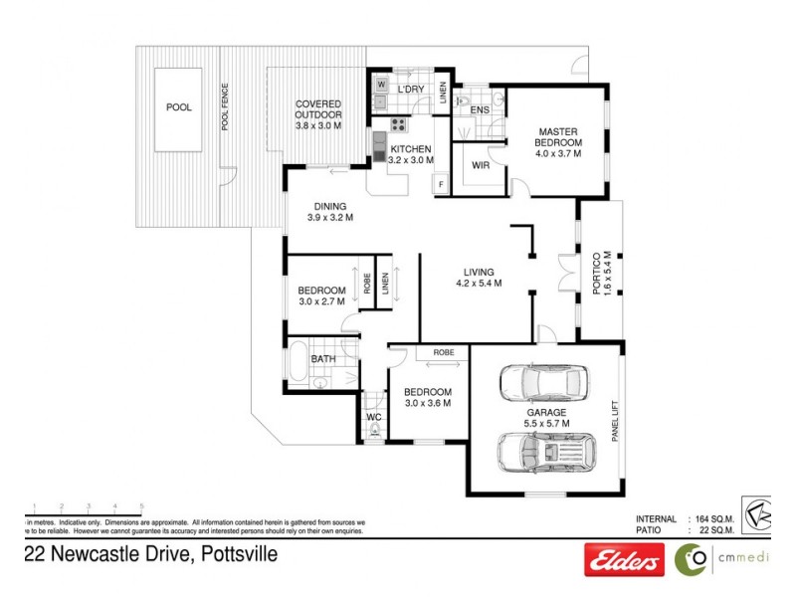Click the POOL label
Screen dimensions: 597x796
[x=179, y=107]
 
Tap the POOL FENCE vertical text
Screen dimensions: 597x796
[x=225, y=106]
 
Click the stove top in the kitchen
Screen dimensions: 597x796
[x=398, y=125]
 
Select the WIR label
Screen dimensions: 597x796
[x=479, y=164]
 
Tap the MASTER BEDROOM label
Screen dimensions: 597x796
[x=558, y=142]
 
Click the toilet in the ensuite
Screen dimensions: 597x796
[x=459, y=101]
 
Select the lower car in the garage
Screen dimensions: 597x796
[x=545, y=454]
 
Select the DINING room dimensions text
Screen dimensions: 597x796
[x=330, y=218]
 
